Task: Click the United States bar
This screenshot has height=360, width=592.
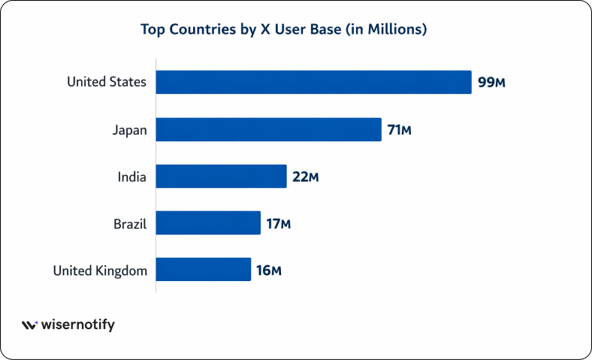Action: coord(313,82)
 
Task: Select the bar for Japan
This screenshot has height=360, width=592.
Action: coord(268,129)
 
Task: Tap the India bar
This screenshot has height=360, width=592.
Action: coord(221,177)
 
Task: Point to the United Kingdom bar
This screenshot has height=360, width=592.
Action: coord(203,269)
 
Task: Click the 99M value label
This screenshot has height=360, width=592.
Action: coord(491,82)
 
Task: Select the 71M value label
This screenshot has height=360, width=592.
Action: coord(400,129)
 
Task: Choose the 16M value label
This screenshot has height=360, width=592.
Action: coord(269,270)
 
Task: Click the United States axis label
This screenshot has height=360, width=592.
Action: coord(107,82)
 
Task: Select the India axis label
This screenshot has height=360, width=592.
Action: coord(131,177)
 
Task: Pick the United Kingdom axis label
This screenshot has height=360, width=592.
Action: coord(100,270)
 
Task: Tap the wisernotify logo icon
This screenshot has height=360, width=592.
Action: coord(29,325)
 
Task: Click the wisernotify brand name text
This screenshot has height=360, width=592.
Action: coord(78,325)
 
